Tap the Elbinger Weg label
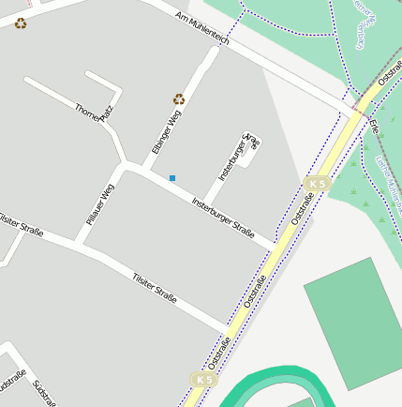[166, 132]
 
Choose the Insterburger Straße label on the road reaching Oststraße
[223, 217]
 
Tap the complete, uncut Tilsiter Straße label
[155, 285]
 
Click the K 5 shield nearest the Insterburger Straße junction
[318, 184]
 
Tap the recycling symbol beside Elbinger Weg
[179, 98]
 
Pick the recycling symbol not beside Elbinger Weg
[21, 23]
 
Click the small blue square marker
[172, 177]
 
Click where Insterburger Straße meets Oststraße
[277, 247]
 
